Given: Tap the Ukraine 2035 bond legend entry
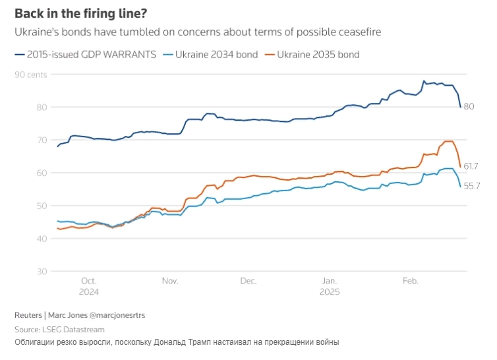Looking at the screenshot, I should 318,54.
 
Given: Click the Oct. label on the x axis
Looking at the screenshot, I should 88,281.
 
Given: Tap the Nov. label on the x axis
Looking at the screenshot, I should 169,281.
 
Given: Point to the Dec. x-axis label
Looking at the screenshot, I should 248,281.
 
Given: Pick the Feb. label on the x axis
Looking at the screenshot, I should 410,281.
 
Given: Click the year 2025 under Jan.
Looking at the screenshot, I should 330,291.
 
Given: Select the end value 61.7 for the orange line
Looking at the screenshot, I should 471,166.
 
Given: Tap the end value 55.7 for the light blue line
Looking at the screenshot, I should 471,186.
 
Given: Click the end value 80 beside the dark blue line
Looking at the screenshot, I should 469,107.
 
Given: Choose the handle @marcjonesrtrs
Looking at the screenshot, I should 117,315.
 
